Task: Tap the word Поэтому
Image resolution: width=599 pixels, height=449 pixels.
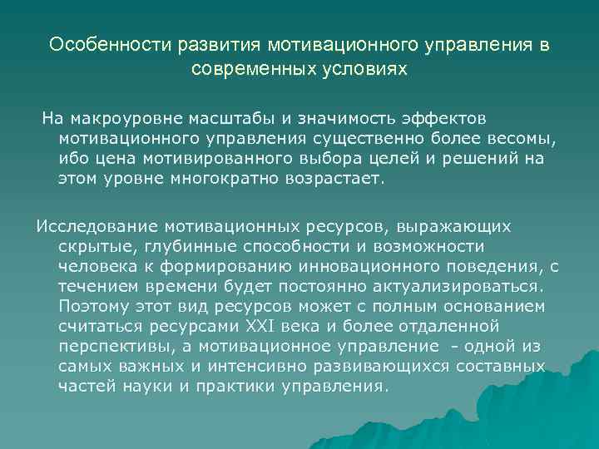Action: tap(95, 305)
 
